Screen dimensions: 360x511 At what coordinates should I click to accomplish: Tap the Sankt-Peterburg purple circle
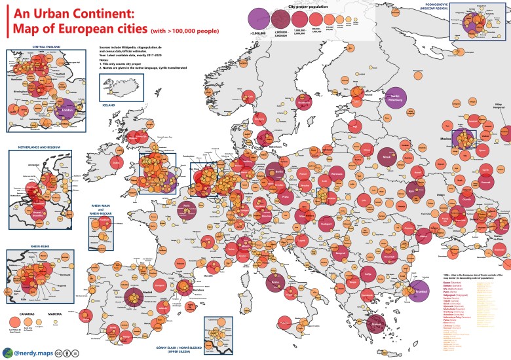coord(396,97)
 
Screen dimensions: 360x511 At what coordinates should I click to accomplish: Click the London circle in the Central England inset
coord(65,111)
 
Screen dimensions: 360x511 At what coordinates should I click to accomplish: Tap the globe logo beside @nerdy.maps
coord(9,351)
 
